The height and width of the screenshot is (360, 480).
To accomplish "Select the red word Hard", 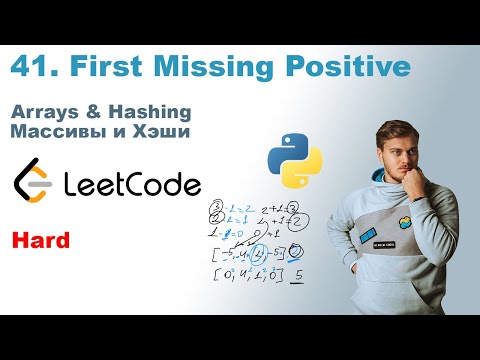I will (x=39, y=239).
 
